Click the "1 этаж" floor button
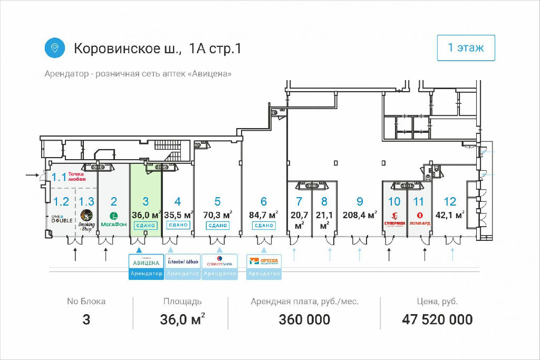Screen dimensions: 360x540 [x=466, y=48]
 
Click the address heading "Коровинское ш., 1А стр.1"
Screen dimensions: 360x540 [x=158, y=49]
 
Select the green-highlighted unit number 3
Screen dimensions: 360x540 [x=146, y=201]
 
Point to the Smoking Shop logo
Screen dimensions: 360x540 [x=87, y=219]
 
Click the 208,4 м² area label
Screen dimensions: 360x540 [x=360, y=215]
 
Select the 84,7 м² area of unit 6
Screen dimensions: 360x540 [x=263, y=215]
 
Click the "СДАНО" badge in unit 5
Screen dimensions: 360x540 [x=217, y=225]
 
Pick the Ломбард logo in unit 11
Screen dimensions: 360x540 [x=420, y=218]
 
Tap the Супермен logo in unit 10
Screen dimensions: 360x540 [x=394, y=218]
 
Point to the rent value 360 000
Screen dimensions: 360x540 [x=305, y=319]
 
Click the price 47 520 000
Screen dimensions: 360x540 [x=437, y=319]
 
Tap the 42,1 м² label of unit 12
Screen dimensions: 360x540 [x=450, y=215]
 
